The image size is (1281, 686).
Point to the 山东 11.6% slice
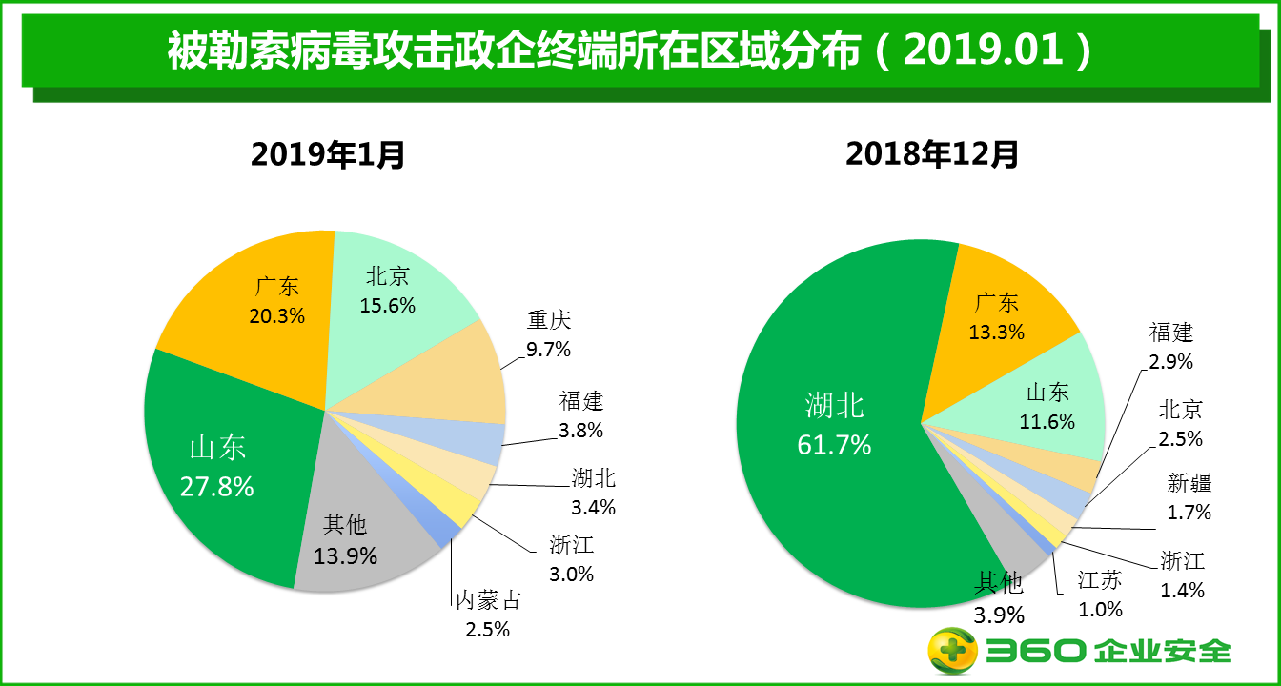point(1047,405)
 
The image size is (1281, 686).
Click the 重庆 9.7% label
point(549,334)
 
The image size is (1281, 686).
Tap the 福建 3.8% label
point(581,415)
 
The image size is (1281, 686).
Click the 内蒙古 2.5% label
point(488,615)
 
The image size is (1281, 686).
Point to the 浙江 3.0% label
point(572,559)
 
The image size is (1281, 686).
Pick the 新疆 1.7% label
point(1189,497)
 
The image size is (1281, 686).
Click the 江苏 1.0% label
point(1100,595)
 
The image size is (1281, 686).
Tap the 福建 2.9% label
point(1171,347)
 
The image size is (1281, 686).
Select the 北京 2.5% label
point(1181,424)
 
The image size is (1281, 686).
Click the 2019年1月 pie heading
point(328,154)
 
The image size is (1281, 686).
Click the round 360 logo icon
point(953,651)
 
